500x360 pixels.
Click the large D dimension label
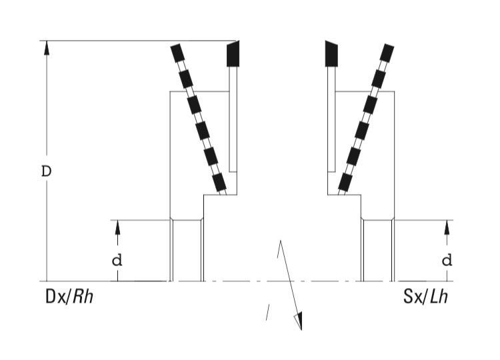click(x=46, y=171)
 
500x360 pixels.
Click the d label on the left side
click(x=117, y=261)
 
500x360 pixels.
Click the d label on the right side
click(x=447, y=261)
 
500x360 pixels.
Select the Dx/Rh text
click(x=69, y=297)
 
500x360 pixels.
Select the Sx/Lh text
click(x=425, y=297)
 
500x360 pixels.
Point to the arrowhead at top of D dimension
click(x=47, y=48)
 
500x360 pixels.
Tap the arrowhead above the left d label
click(x=117, y=227)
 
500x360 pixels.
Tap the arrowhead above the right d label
click(x=447, y=227)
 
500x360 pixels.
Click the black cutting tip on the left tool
click(x=233, y=54)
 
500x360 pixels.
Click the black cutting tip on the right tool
click(x=331, y=54)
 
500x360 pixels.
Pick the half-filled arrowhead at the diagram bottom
click(x=298, y=321)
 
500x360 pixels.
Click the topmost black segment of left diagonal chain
click(x=177, y=53)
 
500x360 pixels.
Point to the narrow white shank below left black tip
click(x=233, y=119)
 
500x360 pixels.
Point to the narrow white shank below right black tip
click(x=331, y=119)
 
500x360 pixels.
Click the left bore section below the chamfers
click(x=187, y=251)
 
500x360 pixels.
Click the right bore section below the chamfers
click(x=378, y=251)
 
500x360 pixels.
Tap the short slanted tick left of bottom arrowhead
click(x=268, y=312)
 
